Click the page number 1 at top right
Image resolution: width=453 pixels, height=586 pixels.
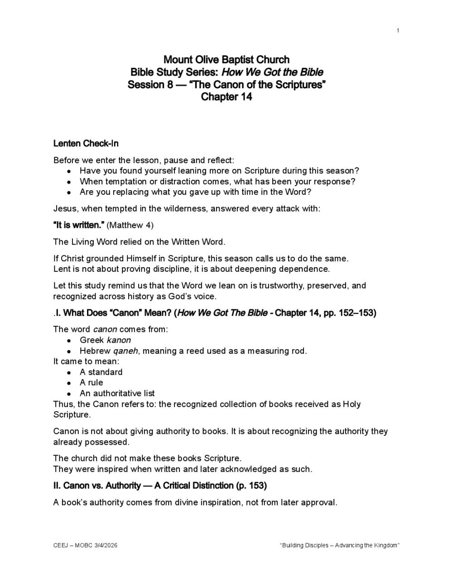point(398,30)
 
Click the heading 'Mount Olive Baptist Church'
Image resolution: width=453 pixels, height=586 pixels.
point(226,60)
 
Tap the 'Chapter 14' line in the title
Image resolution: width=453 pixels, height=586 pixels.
point(226,96)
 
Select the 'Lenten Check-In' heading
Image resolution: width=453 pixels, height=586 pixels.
point(86,144)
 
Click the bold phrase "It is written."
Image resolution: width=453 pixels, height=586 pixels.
point(79,225)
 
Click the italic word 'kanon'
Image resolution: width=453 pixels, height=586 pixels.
point(119,340)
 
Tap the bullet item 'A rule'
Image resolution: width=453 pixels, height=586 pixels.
point(92,383)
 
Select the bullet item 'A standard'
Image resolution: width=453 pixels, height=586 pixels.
point(101,372)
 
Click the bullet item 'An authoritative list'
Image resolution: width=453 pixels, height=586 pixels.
point(117,393)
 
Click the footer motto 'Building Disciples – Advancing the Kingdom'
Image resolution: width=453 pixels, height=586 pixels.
point(340,545)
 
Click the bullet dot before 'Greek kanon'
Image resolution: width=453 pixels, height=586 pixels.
point(68,341)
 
